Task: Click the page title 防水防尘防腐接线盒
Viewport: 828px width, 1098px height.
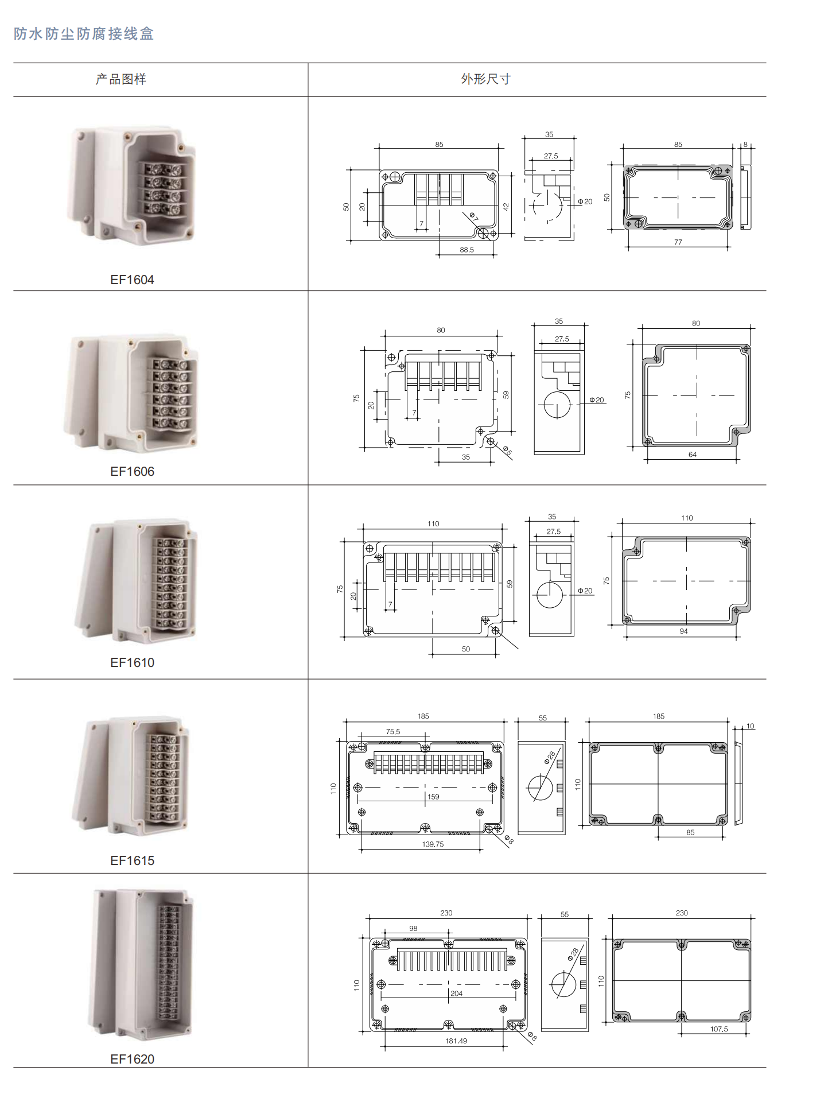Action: pyautogui.click(x=84, y=34)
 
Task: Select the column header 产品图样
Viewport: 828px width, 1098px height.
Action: pyautogui.click(x=121, y=79)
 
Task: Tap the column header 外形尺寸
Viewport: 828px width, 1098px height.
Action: pyautogui.click(x=485, y=79)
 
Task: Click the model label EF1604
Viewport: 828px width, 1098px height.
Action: pyautogui.click(x=132, y=280)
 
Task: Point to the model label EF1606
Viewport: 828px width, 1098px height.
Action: pyautogui.click(x=132, y=471)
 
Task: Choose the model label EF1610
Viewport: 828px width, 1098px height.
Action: pyautogui.click(x=132, y=662)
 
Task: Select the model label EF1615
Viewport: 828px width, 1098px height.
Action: pyautogui.click(x=132, y=860)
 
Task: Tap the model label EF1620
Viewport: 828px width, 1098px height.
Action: pyautogui.click(x=132, y=1059)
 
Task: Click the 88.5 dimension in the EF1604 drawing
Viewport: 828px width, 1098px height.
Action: pyautogui.click(x=467, y=250)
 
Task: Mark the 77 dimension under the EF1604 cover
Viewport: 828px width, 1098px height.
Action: pyautogui.click(x=678, y=242)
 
